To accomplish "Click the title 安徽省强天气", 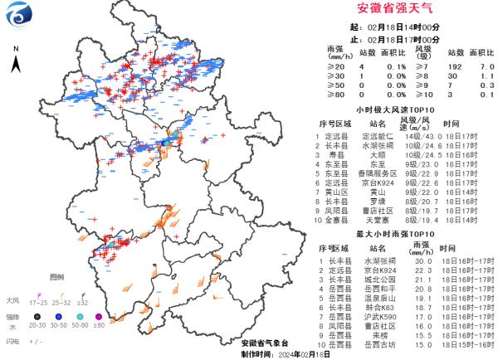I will tap(396, 9).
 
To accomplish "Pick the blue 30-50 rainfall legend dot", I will tap(60, 315).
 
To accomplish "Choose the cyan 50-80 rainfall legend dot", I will tap(80, 315).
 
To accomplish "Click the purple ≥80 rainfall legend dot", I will tap(100, 315).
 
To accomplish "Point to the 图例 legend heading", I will tap(56, 276).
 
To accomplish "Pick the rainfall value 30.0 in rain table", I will tap(418, 261).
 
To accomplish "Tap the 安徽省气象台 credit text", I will tap(264, 343).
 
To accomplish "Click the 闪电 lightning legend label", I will tap(12, 341).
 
